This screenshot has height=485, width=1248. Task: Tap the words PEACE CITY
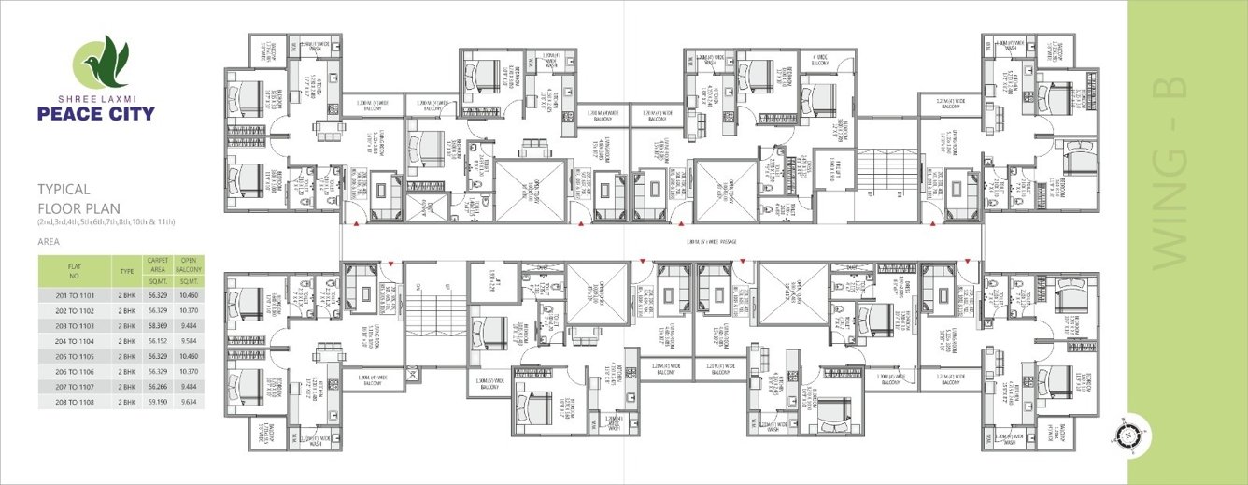tap(96, 114)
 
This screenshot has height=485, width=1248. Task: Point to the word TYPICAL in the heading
tap(64, 187)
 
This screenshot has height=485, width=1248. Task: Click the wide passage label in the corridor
tap(711, 242)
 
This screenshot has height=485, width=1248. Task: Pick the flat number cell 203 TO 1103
tap(75, 325)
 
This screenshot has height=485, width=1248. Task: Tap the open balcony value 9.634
tap(189, 402)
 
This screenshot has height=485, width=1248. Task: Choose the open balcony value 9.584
tap(189, 340)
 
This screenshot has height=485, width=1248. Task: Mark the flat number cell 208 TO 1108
tap(75, 402)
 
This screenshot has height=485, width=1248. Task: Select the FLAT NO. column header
tap(75, 272)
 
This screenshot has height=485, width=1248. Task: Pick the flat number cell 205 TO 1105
tap(75, 356)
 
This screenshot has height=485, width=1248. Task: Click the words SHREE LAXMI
tap(96, 98)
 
